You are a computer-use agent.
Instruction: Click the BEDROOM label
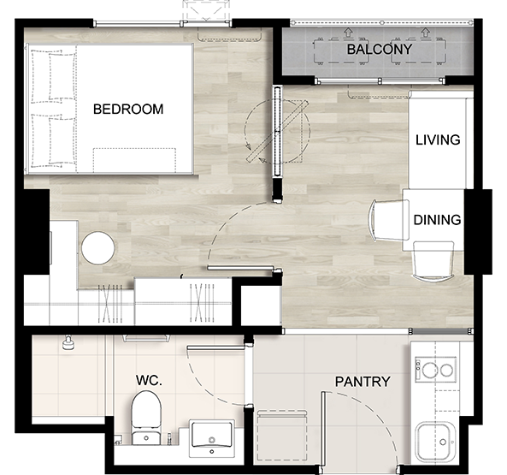click(128, 109)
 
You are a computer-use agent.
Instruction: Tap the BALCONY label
click(380, 50)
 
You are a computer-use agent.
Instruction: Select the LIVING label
click(438, 140)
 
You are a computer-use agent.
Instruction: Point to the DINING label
click(437, 220)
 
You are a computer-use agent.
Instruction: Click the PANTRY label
click(363, 382)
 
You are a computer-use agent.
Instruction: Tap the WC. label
click(149, 380)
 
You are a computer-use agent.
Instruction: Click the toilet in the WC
click(146, 418)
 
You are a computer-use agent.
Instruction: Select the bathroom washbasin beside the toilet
click(212, 438)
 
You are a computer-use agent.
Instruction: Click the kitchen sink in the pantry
click(436, 442)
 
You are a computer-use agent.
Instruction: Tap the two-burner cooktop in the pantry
click(435, 370)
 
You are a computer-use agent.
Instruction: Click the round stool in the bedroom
click(97, 247)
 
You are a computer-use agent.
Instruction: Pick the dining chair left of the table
click(388, 220)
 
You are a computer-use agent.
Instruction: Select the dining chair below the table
click(433, 260)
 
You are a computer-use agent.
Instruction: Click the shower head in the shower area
click(68, 342)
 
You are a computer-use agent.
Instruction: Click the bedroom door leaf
click(240, 268)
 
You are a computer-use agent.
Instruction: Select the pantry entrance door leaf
click(322, 429)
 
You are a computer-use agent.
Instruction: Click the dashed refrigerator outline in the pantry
click(282, 436)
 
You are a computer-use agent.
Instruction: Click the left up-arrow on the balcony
click(348, 32)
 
